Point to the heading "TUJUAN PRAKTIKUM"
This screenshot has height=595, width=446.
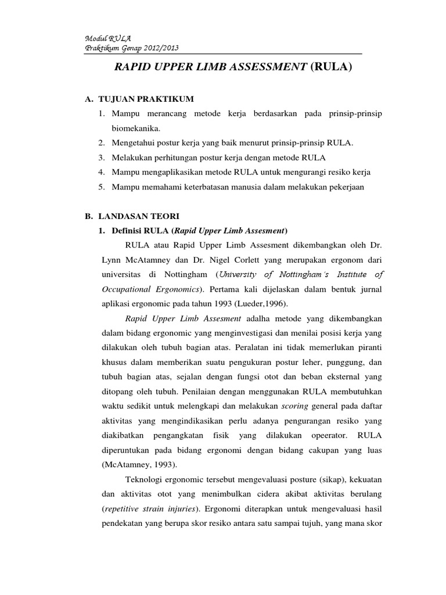145,99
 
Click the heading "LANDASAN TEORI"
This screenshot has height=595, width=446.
139,215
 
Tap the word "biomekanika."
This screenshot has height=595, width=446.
135,128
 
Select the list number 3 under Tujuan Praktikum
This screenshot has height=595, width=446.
101,157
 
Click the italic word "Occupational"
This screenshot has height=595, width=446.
117,289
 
